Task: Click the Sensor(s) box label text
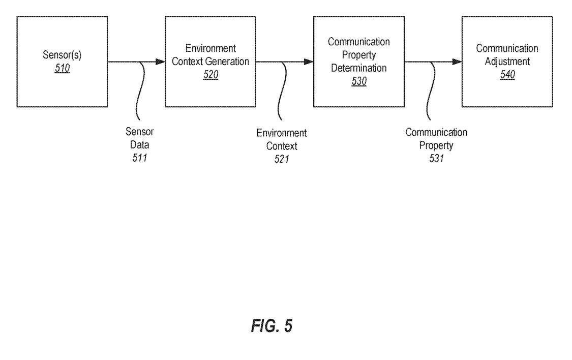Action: [62, 55]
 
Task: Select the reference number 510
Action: [62, 68]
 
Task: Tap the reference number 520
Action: [210, 74]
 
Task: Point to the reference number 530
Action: [359, 81]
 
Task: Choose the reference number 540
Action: [507, 74]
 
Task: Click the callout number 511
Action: [140, 158]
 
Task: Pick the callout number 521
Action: [282, 159]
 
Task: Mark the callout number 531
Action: [436, 158]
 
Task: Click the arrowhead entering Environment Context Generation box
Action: [161, 62]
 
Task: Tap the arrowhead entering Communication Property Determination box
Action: [309, 62]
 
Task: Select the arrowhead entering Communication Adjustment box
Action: [458, 62]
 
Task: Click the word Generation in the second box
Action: [228, 62]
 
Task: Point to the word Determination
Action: [359, 68]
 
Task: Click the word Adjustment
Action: [507, 62]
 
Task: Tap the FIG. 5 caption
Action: [272, 326]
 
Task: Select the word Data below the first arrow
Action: [140, 145]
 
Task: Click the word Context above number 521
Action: [282, 146]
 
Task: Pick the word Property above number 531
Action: [436, 145]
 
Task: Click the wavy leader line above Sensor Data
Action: [140, 91]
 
